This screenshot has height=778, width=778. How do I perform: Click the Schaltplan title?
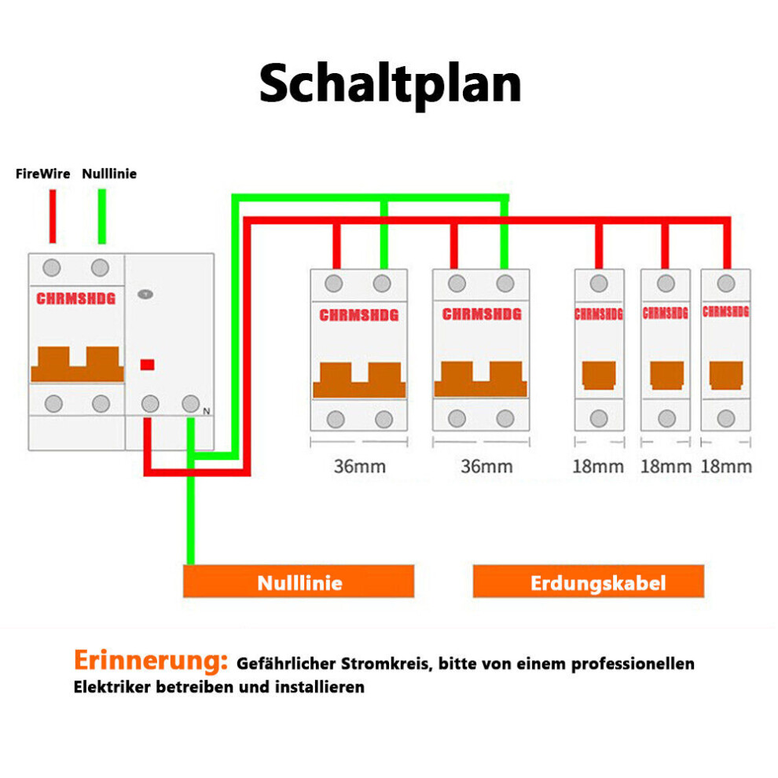click(390, 84)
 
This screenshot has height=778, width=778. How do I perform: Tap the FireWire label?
click(42, 174)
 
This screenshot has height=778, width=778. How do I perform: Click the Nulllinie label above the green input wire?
click(109, 174)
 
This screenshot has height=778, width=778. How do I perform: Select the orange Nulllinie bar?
click(299, 581)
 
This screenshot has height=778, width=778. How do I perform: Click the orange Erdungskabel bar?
click(589, 581)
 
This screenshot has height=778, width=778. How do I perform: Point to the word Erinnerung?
click(150, 661)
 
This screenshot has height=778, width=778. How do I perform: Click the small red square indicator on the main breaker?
click(148, 365)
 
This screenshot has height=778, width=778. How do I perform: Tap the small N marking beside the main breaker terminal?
click(207, 411)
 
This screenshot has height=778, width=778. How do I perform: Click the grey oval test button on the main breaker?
click(145, 294)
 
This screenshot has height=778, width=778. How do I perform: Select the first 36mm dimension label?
click(360, 466)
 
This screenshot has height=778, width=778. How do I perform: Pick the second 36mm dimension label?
click(486, 466)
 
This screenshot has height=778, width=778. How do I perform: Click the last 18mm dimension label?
click(726, 466)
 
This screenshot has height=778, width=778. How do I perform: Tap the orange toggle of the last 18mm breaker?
click(726, 376)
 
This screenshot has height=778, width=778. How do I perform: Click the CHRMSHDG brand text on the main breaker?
click(76, 298)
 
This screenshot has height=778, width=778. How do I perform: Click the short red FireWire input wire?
click(53, 216)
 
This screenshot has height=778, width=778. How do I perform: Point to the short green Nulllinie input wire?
click(101, 216)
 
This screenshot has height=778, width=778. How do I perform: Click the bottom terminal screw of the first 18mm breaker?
click(599, 418)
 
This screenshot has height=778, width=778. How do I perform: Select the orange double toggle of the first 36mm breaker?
click(359, 380)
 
